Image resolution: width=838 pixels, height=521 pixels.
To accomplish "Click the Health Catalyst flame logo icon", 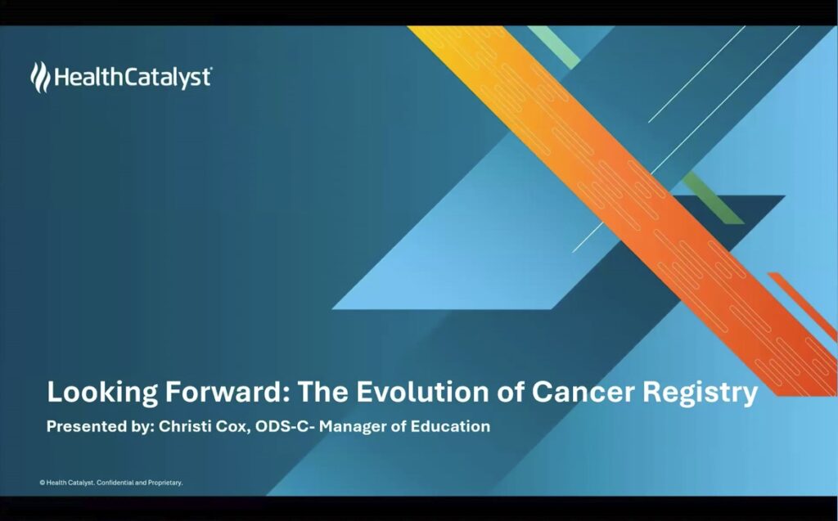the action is tap(40, 77).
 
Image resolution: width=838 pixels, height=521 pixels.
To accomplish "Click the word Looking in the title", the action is tap(102, 393).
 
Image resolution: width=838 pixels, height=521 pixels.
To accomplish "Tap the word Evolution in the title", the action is tap(421, 392).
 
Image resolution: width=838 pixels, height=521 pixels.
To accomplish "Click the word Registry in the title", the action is tap(701, 393).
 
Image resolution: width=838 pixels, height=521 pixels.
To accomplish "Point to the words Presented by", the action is tap(99, 426).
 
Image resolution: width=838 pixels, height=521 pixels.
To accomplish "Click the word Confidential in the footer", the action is tap(115, 483).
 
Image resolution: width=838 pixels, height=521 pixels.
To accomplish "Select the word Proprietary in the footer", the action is tap(165, 483).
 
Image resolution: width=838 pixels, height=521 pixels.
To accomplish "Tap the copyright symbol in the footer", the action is tap(42, 483).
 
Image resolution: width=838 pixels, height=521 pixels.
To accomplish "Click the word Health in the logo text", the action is tap(88, 77).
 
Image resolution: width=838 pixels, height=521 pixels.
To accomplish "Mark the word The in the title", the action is tap(322, 392).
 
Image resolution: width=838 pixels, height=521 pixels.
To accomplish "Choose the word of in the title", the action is tap(510, 392).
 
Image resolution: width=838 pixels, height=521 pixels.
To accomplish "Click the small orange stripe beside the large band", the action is tap(803, 307).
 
